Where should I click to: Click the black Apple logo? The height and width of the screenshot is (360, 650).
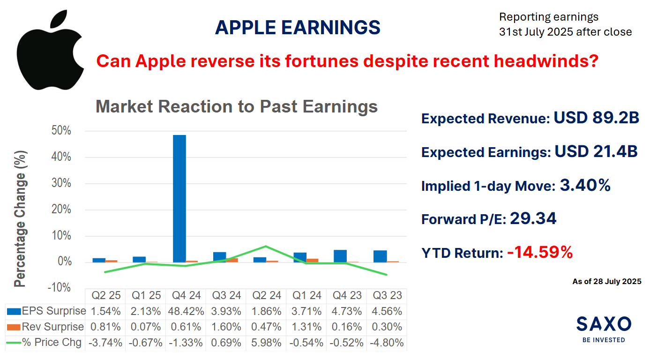coord(50,52)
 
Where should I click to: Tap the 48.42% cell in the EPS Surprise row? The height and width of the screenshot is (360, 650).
coord(186,311)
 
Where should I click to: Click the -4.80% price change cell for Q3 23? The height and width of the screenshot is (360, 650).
coord(387,343)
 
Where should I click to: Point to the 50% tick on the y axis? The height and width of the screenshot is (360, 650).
coord(61,131)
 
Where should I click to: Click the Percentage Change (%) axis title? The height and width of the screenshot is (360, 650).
coord(20,218)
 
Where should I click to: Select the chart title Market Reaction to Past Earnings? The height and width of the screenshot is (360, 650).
coord(237,107)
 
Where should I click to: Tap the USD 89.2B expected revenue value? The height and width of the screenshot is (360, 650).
coord(596,118)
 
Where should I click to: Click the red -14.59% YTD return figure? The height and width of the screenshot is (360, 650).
coord(540,253)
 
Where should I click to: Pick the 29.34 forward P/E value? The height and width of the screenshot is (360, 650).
coord(533,218)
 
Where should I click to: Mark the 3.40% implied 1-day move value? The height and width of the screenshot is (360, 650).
coord(585,185)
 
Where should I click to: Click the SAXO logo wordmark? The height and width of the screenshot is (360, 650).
coord(604,323)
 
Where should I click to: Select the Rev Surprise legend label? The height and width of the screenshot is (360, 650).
coord(52,327)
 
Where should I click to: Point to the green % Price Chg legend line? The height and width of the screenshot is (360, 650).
coord(14,343)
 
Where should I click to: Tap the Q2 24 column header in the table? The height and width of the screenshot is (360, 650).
coord(266,296)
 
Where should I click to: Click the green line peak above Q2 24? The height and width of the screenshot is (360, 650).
coord(266,246)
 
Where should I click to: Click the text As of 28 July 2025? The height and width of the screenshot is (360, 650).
coord(606,282)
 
